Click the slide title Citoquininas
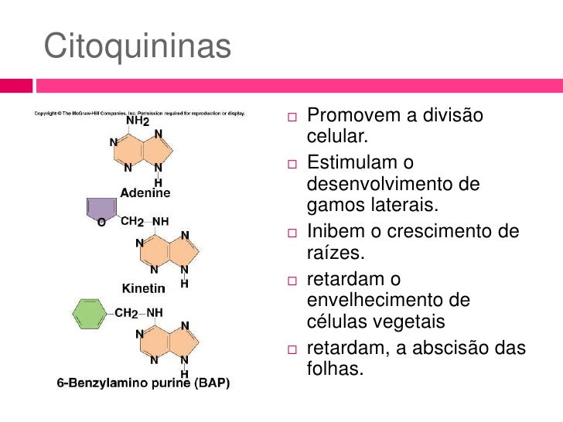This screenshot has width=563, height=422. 138,46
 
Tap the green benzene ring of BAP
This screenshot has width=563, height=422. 89,314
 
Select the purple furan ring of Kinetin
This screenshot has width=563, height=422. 100,209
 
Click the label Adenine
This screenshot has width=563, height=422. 145,191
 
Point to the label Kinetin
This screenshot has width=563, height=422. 144,288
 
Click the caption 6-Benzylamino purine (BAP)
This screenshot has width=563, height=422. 143,383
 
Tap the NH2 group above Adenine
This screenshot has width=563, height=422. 138,121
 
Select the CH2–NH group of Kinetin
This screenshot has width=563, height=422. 145,221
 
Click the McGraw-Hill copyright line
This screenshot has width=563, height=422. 139,114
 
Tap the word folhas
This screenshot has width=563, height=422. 334,369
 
